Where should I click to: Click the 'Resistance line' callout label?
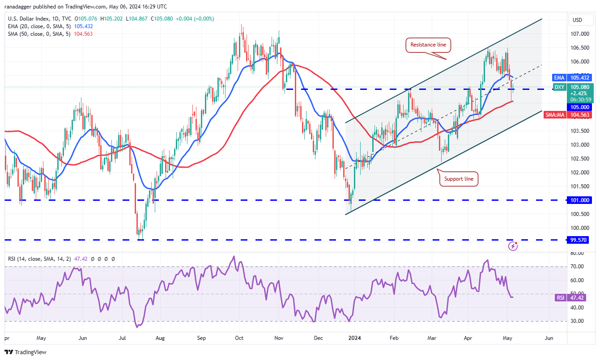pyautogui.click(x=428, y=45)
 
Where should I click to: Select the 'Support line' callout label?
pyautogui.click(x=459, y=179)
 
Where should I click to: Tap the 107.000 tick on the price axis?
pyautogui.click(x=580, y=34)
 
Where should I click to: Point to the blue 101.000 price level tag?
pyautogui.click(x=579, y=200)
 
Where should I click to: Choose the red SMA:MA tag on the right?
pyautogui.click(x=555, y=115)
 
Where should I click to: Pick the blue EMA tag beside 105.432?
pyautogui.click(x=559, y=78)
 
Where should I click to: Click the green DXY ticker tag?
pyautogui.click(x=559, y=87)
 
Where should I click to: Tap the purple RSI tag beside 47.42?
pyautogui.click(x=560, y=298)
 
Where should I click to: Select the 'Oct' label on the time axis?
pyautogui.click(x=239, y=338)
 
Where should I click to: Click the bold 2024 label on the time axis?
pyautogui.click(x=354, y=338)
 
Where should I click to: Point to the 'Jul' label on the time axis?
pyautogui.click(x=122, y=338)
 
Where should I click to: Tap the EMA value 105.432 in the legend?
pyautogui.click(x=83, y=26)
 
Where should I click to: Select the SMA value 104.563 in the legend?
pyautogui.click(x=83, y=34)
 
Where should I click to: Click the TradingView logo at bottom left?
pyautogui.click(x=26, y=352)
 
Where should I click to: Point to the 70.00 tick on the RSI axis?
pyautogui.click(x=577, y=267)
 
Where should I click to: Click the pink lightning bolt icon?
pyautogui.click(x=513, y=246)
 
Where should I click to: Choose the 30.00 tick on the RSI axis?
pyautogui.click(x=577, y=321)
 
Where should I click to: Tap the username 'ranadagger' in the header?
pyautogui.click(x=18, y=7)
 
